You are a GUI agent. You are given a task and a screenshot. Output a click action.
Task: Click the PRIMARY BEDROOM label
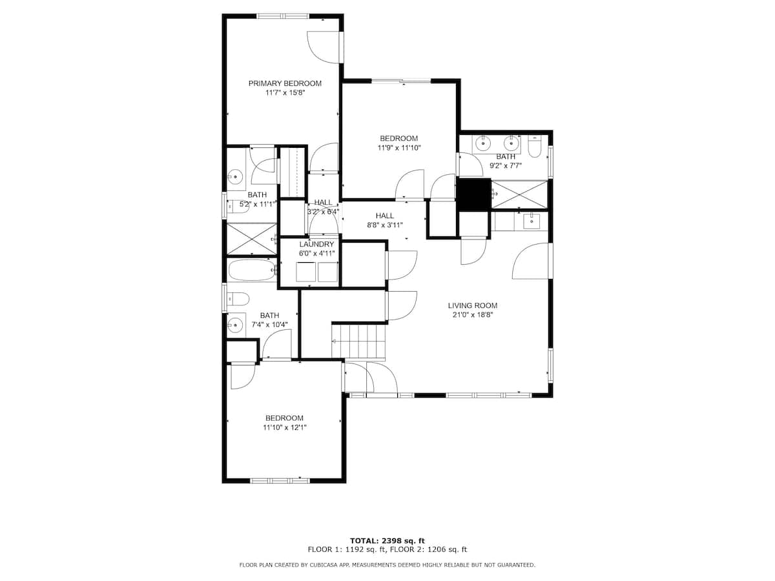point(285,84)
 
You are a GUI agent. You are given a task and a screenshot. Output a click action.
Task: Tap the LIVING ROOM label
point(472,305)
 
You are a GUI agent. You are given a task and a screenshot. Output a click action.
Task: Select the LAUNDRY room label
point(316,244)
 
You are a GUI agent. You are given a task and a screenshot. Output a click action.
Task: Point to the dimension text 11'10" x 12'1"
point(285,427)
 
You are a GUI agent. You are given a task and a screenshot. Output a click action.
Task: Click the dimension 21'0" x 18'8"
point(472,315)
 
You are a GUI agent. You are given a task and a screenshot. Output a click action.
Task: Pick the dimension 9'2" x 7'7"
point(505,166)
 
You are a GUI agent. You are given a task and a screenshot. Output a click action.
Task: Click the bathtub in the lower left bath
point(252,270)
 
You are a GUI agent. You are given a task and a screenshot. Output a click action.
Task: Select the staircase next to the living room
point(358,341)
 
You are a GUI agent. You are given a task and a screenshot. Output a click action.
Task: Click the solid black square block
point(473,195)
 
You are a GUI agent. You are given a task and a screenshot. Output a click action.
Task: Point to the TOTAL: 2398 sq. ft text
point(387,540)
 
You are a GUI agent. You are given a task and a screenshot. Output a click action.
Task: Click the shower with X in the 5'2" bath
point(252,238)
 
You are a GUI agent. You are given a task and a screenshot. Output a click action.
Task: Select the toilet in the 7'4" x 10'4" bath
point(238,298)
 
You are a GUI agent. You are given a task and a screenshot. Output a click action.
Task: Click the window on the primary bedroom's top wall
point(282,16)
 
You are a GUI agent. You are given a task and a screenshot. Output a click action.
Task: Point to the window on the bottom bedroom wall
point(280,480)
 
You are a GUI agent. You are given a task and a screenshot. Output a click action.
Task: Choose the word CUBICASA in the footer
point(315,565)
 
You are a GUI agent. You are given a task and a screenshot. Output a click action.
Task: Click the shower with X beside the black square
point(519,194)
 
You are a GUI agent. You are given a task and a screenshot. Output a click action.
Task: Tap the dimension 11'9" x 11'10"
point(398,148)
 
